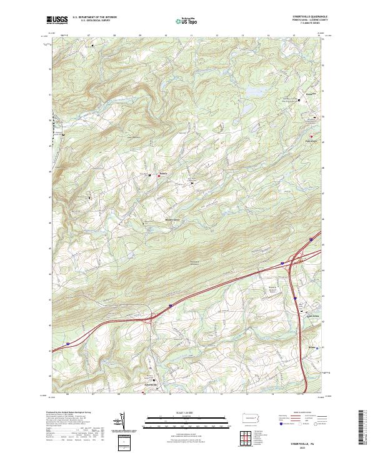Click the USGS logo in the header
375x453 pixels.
[x=57, y=21]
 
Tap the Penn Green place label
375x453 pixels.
[x=311, y=141]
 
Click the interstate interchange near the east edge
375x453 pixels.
[x=294, y=259]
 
